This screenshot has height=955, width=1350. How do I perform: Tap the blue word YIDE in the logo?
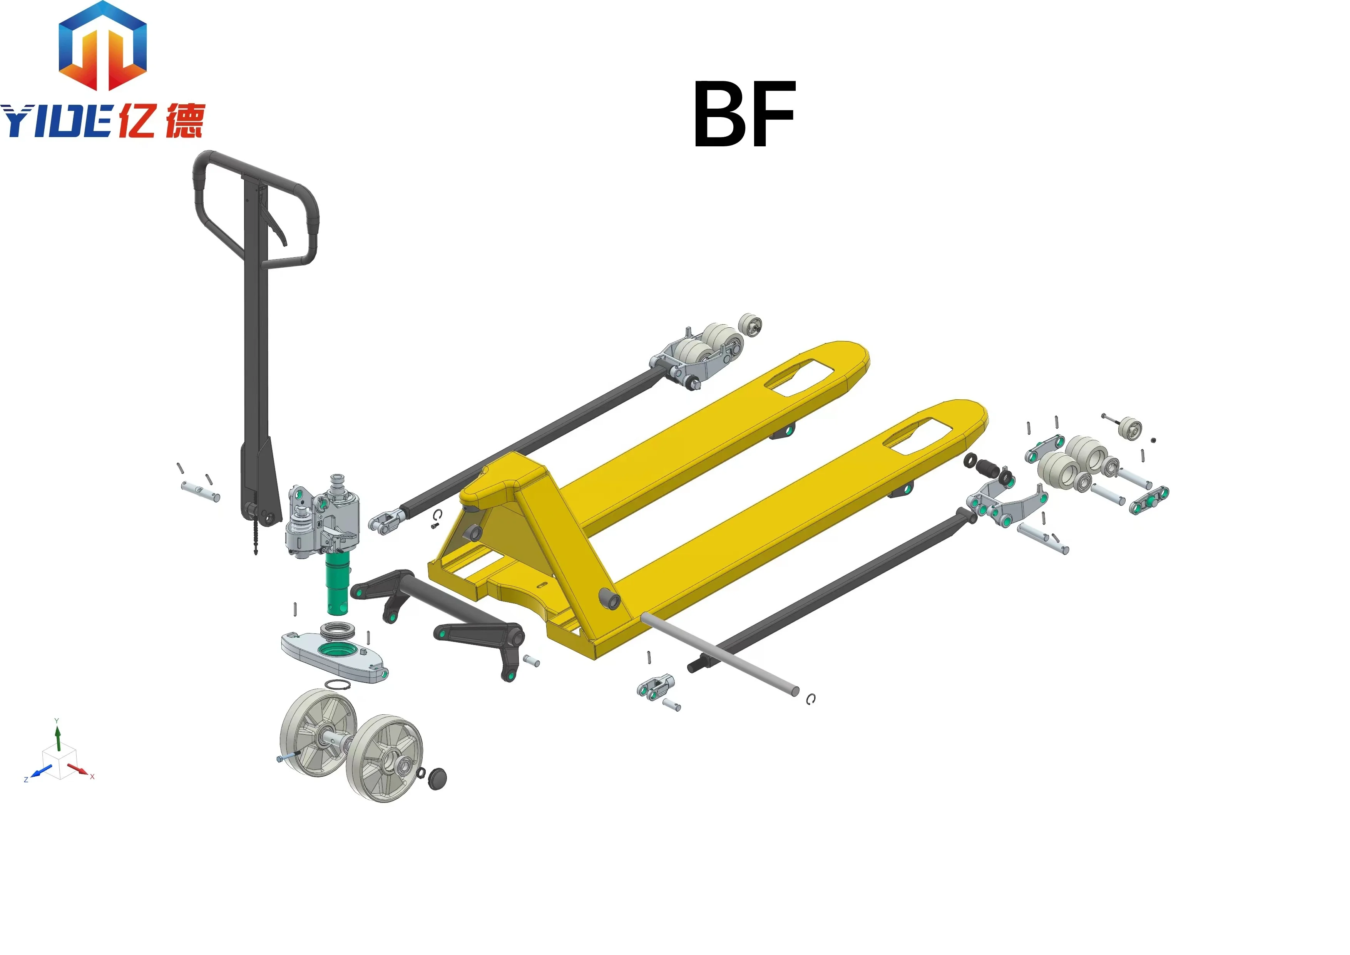(x=56, y=122)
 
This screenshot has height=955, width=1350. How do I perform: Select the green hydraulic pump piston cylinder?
(x=338, y=585)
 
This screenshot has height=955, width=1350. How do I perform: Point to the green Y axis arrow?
(x=58, y=738)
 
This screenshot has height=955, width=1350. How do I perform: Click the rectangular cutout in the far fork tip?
(x=799, y=375)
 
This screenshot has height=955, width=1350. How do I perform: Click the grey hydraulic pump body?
(x=320, y=518)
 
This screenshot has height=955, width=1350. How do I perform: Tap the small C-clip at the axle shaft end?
(x=811, y=699)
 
